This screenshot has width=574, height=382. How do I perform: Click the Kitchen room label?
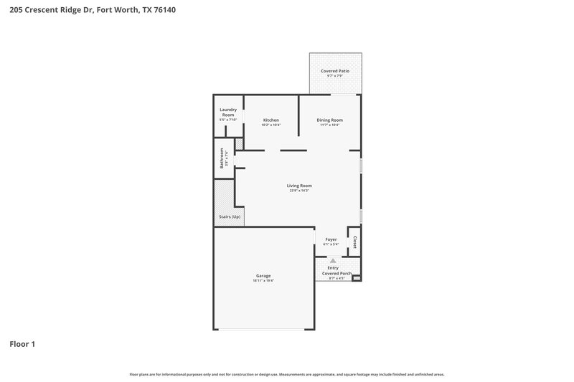(270, 120)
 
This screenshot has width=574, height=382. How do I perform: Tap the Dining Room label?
(329, 120)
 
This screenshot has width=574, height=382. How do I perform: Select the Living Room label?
(300, 186)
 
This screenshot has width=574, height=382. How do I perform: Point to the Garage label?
(263, 275)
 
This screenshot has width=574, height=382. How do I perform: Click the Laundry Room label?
(228, 112)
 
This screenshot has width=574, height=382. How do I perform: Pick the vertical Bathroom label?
(222, 158)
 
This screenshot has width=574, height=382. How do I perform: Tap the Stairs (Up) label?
(229, 216)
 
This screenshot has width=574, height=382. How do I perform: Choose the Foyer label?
(331, 239)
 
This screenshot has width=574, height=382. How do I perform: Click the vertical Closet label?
(354, 241)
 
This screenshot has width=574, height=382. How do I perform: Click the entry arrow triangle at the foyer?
(331, 262)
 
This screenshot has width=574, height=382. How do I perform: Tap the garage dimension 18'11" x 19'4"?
(263, 280)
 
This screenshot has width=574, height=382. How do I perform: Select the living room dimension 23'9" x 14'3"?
(299, 191)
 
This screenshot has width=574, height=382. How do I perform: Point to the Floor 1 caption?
(22, 344)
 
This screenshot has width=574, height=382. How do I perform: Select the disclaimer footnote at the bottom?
(286, 374)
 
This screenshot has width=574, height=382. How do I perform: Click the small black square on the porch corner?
(357, 277)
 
